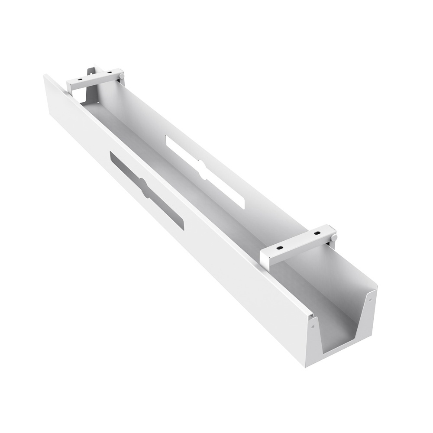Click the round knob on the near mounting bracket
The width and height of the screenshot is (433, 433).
pos(334,238)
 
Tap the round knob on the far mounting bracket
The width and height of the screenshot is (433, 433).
pos(122,77)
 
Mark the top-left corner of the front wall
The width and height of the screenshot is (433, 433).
pos(45,75)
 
